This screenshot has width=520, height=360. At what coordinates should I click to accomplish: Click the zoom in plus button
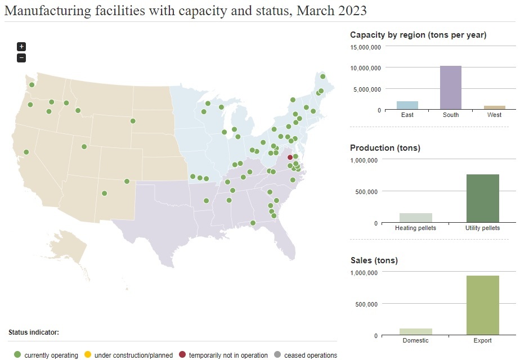(21, 47)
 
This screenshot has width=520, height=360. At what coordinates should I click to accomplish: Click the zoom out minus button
(21, 57)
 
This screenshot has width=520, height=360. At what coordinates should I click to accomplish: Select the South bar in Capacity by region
(450, 88)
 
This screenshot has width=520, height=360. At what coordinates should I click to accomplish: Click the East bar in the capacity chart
(407, 106)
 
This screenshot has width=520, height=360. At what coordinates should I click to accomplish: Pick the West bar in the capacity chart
(495, 107)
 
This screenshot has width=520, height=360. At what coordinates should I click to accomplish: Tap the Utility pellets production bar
(483, 199)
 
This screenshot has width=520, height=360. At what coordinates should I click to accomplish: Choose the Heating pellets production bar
(415, 218)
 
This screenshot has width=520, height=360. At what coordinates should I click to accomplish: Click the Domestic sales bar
(415, 332)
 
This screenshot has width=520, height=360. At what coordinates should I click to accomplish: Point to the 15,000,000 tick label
(366, 47)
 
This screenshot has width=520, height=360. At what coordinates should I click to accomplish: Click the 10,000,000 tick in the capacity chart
(366, 68)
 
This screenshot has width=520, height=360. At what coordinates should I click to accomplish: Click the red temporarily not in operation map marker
(290, 157)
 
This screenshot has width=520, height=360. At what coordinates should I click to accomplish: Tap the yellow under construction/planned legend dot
(87, 355)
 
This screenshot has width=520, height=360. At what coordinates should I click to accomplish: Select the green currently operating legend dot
(17, 355)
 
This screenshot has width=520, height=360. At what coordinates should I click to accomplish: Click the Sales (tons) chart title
(374, 260)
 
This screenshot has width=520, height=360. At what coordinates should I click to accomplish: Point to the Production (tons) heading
(385, 148)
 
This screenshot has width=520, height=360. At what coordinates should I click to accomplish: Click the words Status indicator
(34, 332)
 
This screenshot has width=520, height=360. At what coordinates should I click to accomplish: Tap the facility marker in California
(26, 152)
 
